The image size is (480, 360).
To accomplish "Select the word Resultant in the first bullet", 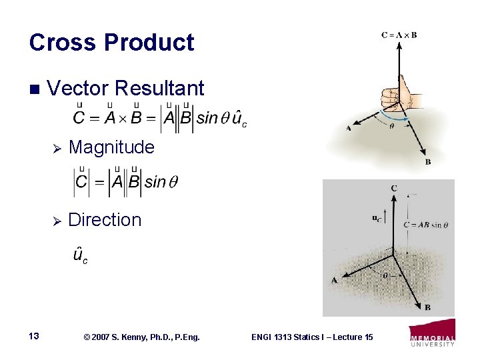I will tap(159, 88).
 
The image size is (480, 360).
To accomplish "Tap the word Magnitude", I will tap(111, 147).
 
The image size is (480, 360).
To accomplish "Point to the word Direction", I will tap(105, 219).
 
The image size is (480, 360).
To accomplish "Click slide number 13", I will tap(35, 337).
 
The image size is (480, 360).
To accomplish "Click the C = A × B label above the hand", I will tap(399, 35).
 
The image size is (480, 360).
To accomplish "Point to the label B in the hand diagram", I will tap(427, 161).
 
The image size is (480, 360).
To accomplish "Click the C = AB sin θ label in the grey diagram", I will tap(425, 225).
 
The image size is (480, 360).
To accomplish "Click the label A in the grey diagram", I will tap(334, 280).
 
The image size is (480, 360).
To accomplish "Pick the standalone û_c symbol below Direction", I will tap(79, 255).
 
